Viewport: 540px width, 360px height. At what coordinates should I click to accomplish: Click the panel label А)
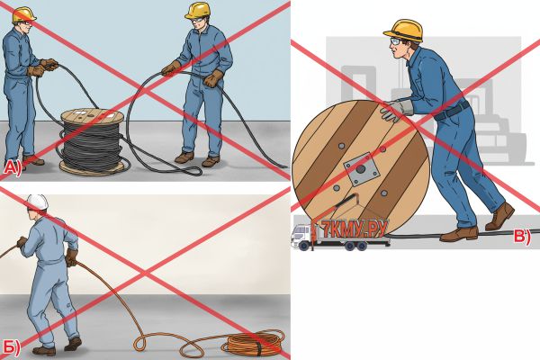[13, 167]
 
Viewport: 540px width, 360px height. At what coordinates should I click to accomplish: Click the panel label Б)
[12, 347]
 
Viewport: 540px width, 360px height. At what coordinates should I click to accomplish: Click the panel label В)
[522, 237]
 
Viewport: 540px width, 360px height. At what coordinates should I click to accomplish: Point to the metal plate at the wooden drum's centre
[361, 170]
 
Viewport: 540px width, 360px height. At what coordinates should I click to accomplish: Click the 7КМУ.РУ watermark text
[355, 228]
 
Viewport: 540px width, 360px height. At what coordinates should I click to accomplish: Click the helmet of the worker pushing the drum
[404, 31]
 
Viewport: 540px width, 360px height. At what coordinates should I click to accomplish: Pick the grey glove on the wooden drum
[397, 110]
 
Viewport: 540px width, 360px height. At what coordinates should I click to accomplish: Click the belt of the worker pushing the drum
[451, 111]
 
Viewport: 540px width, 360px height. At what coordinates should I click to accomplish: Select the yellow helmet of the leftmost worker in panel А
[23, 14]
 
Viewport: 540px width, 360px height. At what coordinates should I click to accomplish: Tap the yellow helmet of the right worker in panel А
[198, 10]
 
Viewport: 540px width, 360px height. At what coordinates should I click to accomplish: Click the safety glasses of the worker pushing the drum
[395, 41]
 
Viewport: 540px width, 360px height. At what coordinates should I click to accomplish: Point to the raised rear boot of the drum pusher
[499, 216]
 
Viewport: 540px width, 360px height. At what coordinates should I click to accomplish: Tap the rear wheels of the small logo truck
[355, 246]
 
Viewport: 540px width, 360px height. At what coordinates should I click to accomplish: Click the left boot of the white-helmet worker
[44, 351]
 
